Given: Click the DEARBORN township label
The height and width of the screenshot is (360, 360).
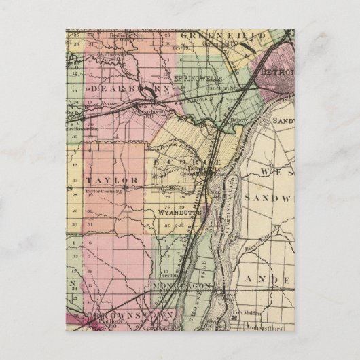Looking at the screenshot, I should [113, 88].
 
